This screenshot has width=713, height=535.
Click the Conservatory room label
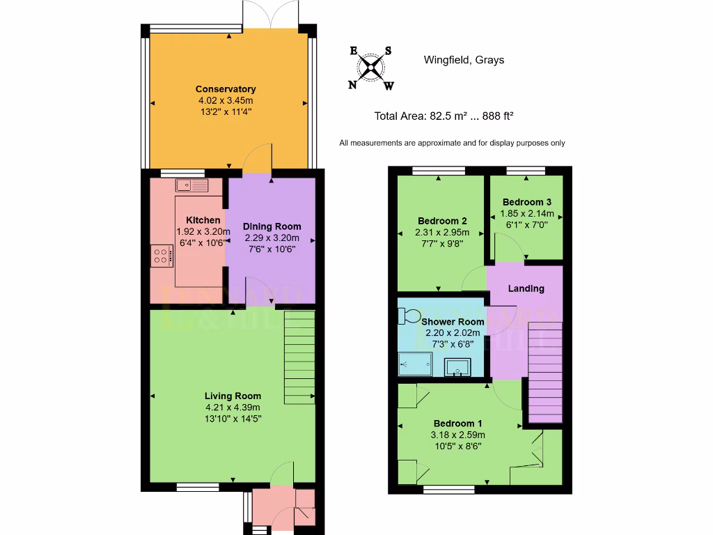[x=225, y=89]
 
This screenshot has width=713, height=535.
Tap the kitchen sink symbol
[x=192, y=185]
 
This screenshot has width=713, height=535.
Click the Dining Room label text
[x=272, y=226]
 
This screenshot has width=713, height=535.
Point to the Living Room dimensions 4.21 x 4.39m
[x=232, y=408]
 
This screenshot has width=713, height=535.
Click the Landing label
[x=526, y=288]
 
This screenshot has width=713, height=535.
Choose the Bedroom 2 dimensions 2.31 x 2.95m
[x=442, y=233]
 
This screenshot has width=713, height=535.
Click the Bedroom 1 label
[x=457, y=424]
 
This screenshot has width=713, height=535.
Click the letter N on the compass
[x=353, y=85]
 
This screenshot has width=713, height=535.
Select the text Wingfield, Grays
[x=464, y=60]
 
